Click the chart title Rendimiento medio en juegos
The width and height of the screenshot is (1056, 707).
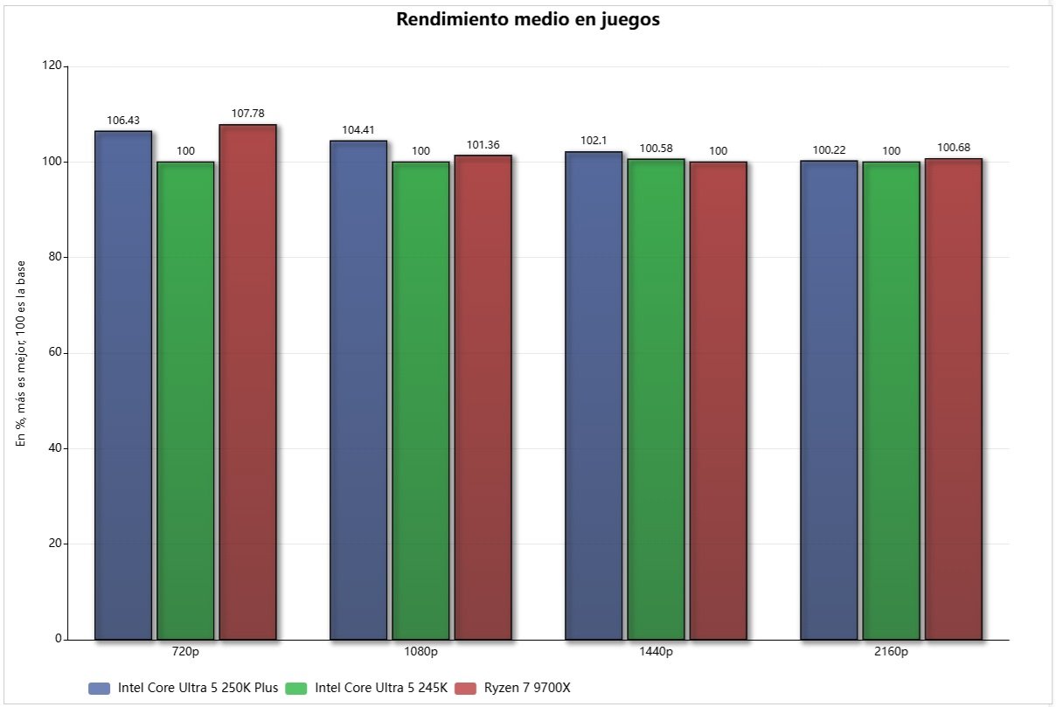coord(528,20)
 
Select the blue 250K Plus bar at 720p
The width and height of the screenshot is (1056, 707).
coord(123,385)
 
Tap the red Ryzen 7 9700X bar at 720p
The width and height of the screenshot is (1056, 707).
coord(247,382)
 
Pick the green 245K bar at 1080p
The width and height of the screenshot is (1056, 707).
coord(420,400)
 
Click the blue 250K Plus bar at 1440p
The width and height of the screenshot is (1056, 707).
coord(594,395)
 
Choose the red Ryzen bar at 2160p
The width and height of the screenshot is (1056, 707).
coord(953,399)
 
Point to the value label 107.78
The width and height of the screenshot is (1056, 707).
coord(247,114)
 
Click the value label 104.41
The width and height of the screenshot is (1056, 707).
coord(358,129)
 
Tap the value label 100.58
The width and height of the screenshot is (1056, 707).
coord(656,148)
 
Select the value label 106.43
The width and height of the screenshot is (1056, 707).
coord(123,120)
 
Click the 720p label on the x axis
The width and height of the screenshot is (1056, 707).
coord(185,652)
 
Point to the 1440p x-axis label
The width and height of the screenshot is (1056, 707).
coord(656,652)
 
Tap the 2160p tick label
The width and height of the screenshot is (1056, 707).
coord(891,652)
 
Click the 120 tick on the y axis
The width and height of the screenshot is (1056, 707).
coord(53,66)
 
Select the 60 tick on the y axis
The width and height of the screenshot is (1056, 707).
coord(56,353)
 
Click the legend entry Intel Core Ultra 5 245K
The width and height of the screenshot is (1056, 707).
coord(380,689)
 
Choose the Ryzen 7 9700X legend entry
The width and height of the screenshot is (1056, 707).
coord(526,689)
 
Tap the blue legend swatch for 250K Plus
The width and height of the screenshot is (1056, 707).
coord(100,689)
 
